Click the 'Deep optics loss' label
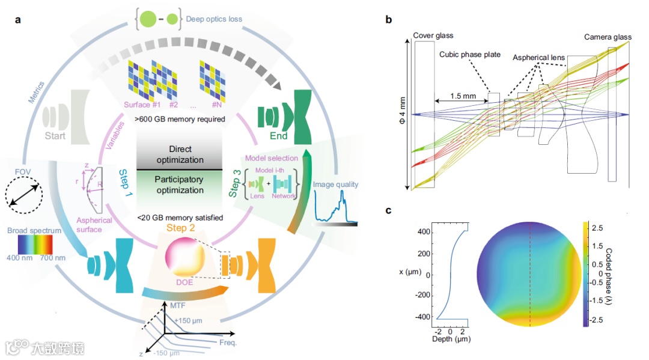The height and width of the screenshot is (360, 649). click(215, 19)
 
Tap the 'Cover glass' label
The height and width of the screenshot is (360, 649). click(433, 37)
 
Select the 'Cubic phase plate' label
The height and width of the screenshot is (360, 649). click(470, 55)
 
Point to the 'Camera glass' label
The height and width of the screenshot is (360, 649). click(608, 37)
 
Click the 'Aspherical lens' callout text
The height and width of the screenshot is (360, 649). click(538, 58)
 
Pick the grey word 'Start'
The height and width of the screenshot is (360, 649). click(55, 136)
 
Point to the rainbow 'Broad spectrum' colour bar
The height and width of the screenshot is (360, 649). click(29, 245)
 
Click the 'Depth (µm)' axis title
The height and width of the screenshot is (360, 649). click(451, 339)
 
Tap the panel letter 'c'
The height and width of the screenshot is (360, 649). click(389, 211)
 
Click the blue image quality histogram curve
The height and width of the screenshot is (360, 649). click(336, 207)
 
